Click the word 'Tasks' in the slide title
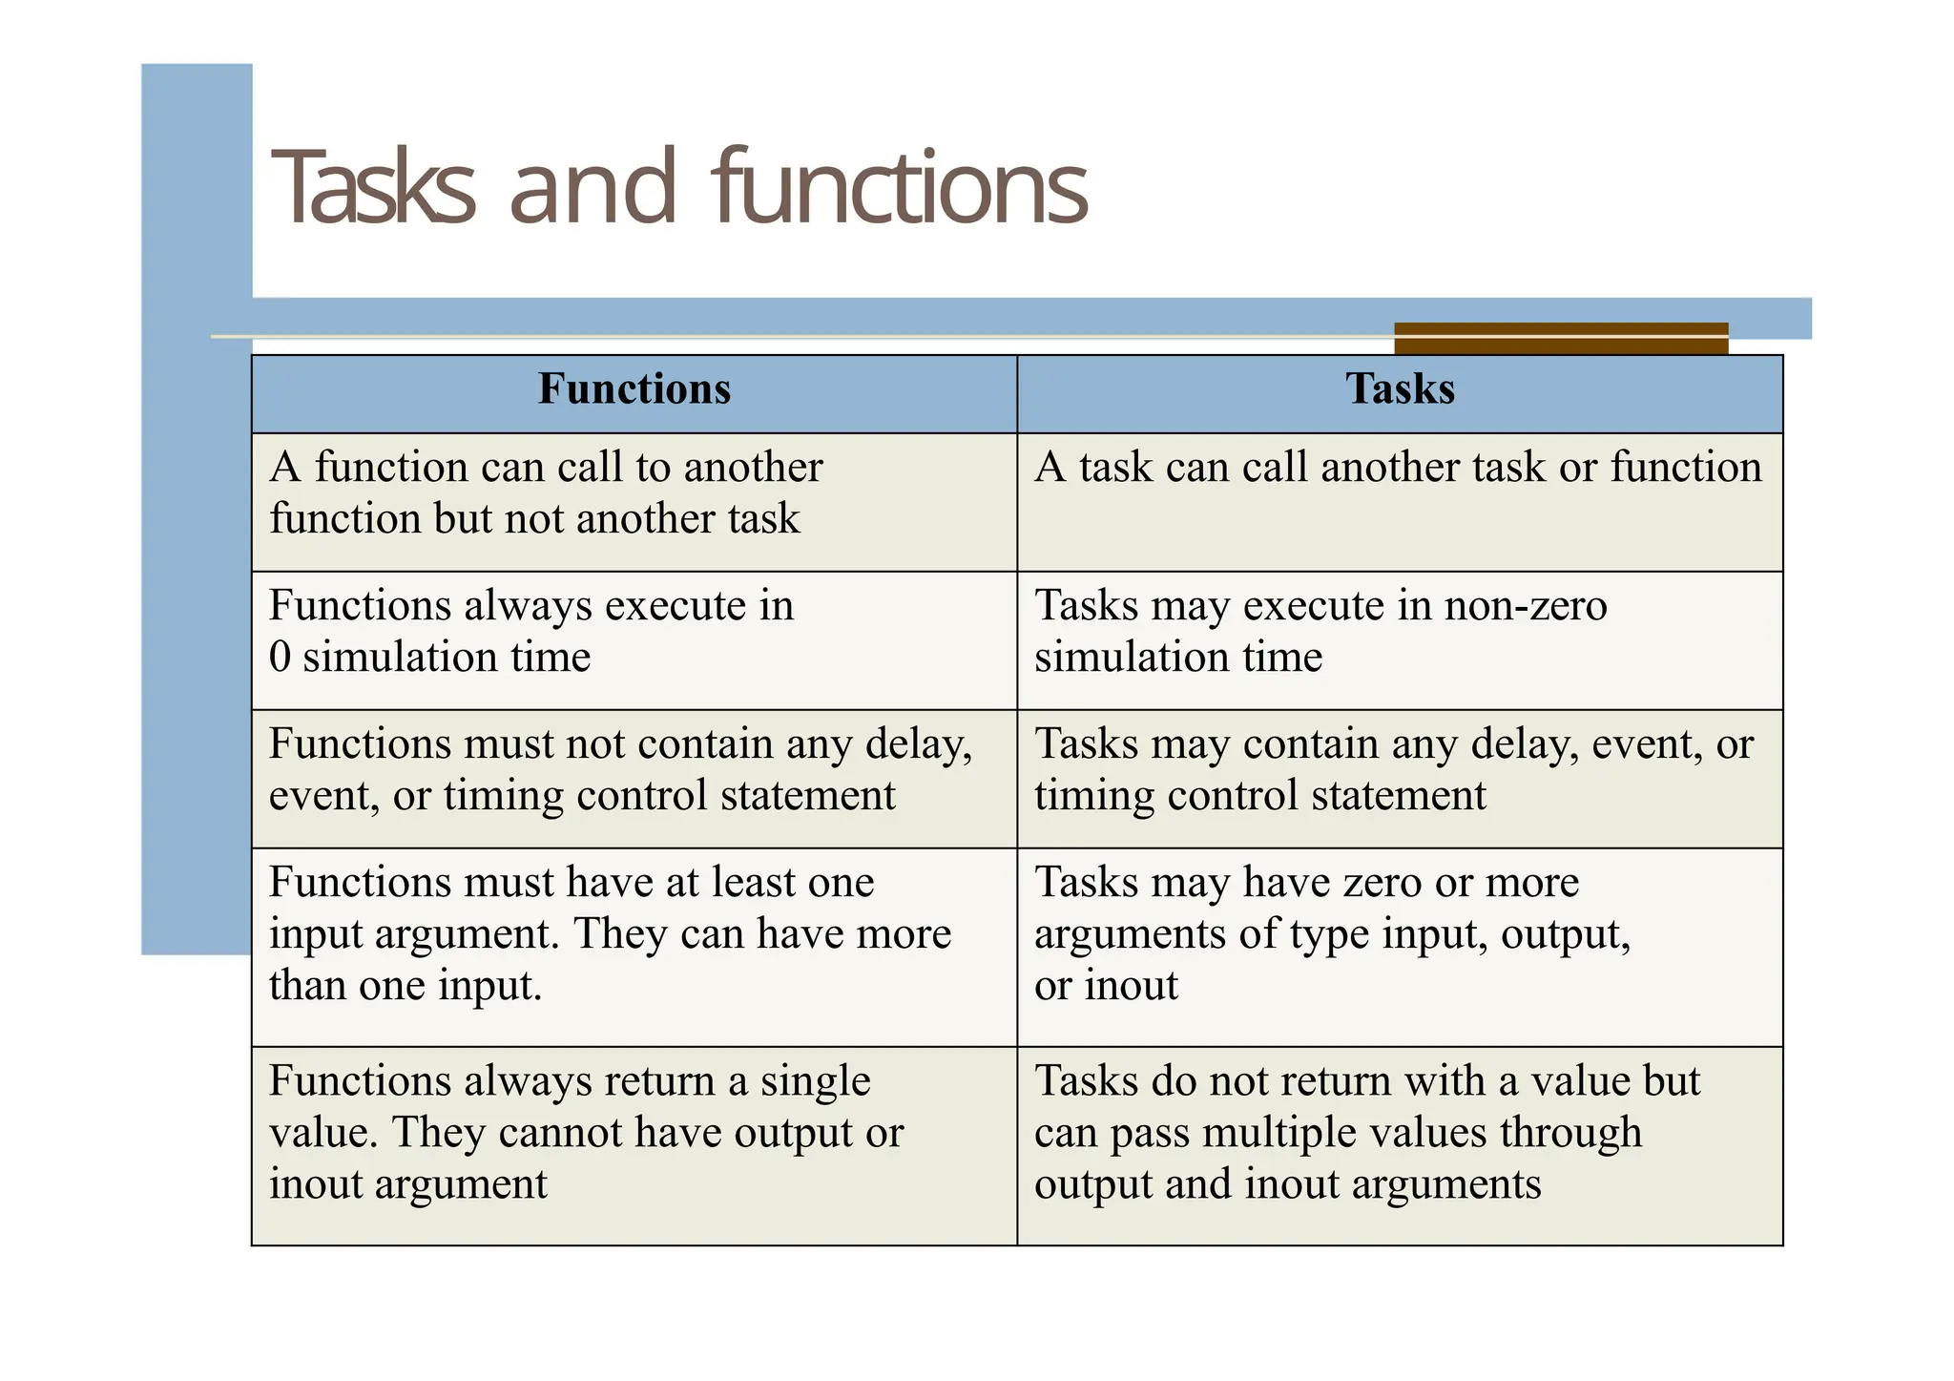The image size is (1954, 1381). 373,188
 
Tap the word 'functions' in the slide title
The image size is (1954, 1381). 900,188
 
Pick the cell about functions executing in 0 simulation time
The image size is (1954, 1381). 634,639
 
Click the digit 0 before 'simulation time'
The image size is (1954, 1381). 280,658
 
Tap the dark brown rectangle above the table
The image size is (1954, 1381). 1560,338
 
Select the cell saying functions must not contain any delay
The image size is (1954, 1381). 634,778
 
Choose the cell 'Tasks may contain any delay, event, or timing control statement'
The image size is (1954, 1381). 1400,778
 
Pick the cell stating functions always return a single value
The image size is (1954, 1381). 634,1144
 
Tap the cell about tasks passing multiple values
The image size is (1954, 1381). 1400,1144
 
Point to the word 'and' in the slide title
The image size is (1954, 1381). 592,188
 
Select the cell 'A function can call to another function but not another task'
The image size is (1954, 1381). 634,501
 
